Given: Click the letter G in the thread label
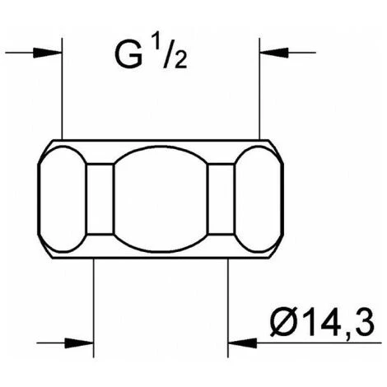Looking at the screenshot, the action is tap(128, 56).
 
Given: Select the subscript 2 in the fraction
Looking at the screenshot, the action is tap(180, 60).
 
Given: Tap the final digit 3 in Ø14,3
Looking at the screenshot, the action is tap(365, 324).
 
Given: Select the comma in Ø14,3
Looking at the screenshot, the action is tap(347, 335).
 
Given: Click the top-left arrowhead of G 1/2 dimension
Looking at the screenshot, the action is tap(47, 53).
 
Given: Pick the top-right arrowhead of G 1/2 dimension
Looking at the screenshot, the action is tap(274, 53).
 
